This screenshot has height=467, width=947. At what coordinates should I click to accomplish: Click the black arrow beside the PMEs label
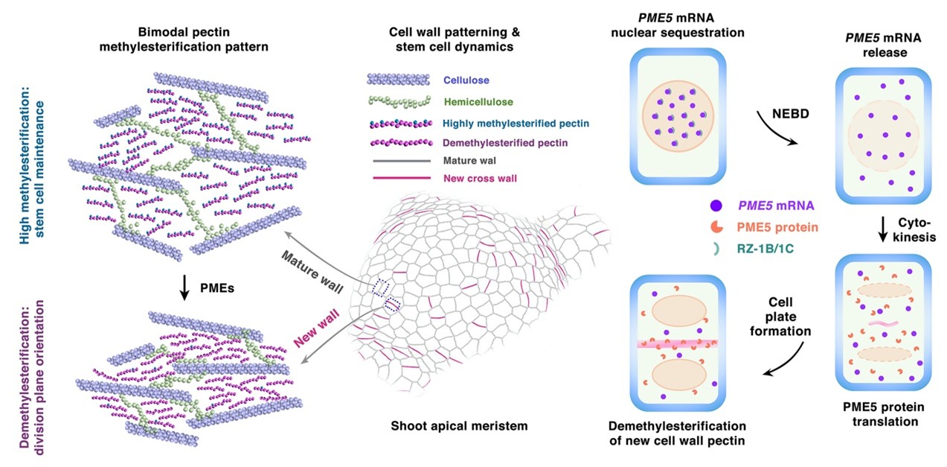(183, 286)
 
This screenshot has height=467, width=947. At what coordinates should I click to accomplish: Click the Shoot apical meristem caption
(459, 426)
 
